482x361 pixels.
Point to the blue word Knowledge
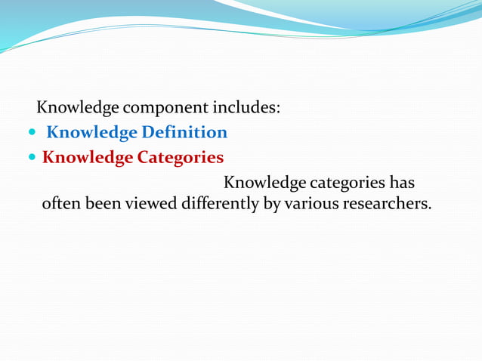92,133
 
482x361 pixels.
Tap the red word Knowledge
87,158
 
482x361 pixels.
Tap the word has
401,183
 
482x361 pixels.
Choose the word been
101,204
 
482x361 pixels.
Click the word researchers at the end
387,204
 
